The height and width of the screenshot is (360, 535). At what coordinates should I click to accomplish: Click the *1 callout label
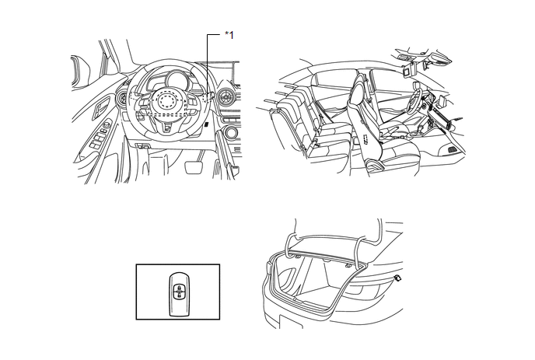tap(229, 35)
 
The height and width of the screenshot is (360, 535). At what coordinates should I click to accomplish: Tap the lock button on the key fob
tap(179, 288)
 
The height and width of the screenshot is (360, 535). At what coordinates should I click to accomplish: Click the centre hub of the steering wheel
tap(167, 100)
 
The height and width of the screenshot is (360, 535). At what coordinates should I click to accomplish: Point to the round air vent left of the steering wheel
tap(121, 98)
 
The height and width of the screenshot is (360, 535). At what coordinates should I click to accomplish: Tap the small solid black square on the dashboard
tap(207, 125)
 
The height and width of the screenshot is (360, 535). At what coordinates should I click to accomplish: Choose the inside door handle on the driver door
tap(100, 106)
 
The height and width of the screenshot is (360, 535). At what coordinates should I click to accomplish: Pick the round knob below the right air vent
tap(230, 133)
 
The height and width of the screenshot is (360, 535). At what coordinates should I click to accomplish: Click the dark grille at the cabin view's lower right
tap(453, 149)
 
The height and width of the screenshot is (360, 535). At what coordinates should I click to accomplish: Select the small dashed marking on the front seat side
tap(365, 139)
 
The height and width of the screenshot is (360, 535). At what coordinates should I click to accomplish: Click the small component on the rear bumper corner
tap(397, 278)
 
